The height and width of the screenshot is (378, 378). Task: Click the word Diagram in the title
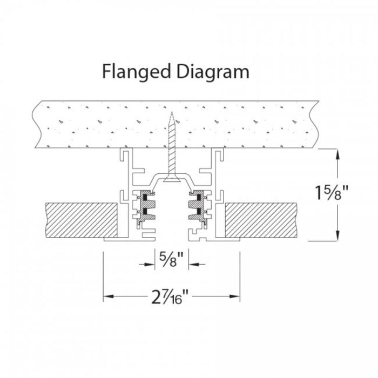[213, 72]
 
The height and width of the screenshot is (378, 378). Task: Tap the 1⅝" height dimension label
[332, 193]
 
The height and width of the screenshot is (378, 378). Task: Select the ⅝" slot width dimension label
[171, 259]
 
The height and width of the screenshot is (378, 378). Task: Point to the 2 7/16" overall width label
[170, 296]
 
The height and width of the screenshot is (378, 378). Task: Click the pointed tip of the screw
[172, 112]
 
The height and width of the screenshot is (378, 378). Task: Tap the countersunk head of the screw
[172, 179]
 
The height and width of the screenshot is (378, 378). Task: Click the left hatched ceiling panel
[82, 220]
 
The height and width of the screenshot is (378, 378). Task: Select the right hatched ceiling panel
[261, 220]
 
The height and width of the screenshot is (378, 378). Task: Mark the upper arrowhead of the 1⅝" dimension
[337, 154]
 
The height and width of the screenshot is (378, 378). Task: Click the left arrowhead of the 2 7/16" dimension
[109, 296]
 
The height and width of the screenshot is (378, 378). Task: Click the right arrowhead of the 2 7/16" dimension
[235, 296]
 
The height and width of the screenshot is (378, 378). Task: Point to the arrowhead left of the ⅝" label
[150, 265]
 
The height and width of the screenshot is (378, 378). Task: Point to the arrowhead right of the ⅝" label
[194, 265]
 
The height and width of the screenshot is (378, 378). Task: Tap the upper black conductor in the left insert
[145, 198]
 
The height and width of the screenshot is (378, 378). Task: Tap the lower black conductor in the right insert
[199, 211]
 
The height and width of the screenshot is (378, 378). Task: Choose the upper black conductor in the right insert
[199, 198]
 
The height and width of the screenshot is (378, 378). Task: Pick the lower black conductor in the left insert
[145, 211]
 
